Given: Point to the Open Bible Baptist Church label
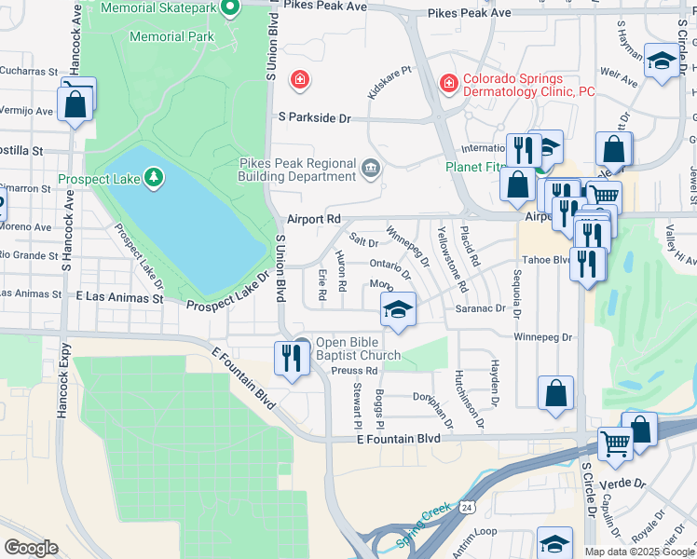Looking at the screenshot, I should click(x=358, y=348).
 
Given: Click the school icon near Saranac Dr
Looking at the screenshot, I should click(x=398, y=307).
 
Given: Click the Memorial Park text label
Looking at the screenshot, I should click(x=171, y=37).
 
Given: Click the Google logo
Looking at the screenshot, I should click(x=31, y=548).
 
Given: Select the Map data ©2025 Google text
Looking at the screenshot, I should click(x=639, y=552).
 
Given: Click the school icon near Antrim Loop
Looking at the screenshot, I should click(x=555, y=542).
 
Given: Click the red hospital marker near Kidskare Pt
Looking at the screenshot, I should click(x=299, y=80).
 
